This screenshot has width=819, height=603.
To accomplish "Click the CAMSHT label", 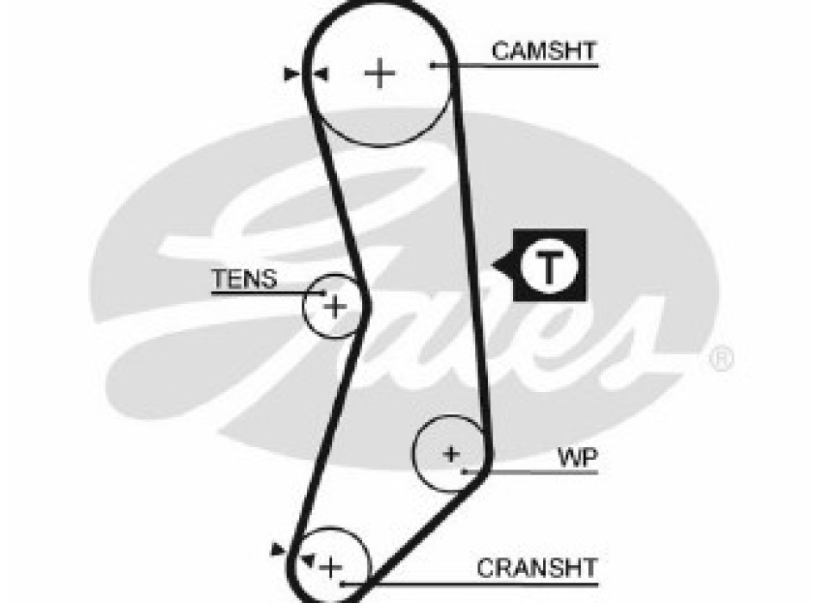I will tap(543, 51).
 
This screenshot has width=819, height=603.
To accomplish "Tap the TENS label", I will tap(245, 279).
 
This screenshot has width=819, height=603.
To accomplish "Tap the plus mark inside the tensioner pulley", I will tap(335, 305).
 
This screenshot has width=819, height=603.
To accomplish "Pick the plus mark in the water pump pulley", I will tap(450, 453).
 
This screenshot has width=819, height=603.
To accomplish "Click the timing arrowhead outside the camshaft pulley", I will tap(291, 75).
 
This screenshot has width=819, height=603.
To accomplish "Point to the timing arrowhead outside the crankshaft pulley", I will tap(277, 548).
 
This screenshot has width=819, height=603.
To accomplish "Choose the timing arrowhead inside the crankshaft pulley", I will tap(306, 558).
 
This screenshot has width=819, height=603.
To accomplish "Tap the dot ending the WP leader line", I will tap(465, 471).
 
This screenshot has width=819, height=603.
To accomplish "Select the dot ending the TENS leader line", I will tap(324, 294).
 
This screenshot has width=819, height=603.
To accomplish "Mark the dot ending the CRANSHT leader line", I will tap(343, 583).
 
